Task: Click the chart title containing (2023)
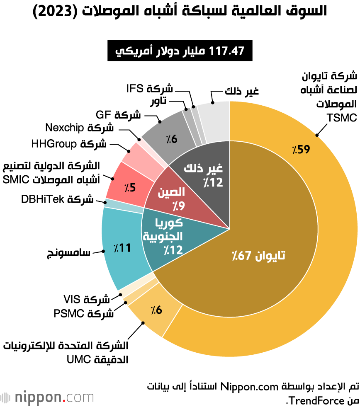(x=180, y=11)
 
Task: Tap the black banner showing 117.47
(x=180, y=51)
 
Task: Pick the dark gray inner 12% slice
(x=207, y=174)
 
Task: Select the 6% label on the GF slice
(x=172, y=139)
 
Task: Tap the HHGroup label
(x=68, y=144)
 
